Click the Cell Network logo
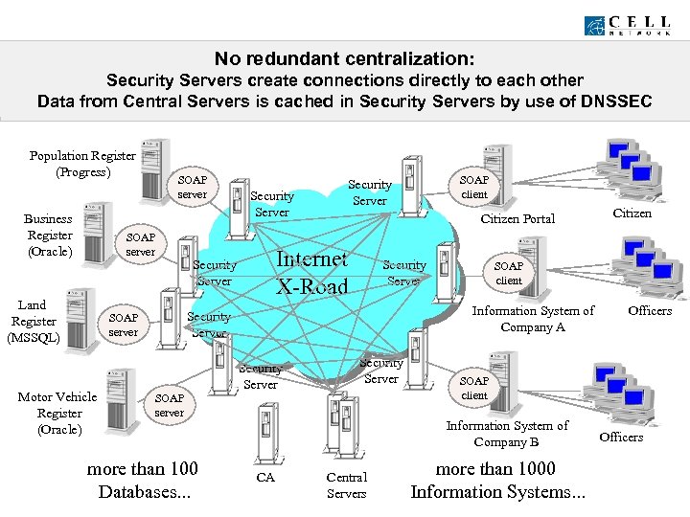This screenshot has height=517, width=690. (632, 25)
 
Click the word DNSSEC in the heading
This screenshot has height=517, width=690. (606, 101)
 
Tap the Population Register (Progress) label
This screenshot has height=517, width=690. (81, 164)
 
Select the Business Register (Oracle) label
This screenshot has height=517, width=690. (49, 236)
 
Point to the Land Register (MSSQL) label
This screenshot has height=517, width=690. (33, 322)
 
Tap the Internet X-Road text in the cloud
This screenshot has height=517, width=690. (311, 272)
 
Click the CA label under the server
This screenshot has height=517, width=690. (265, 477)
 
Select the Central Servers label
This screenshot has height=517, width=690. (346, 484)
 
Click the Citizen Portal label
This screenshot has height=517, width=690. (517, 219)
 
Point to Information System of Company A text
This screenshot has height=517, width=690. (533, 319)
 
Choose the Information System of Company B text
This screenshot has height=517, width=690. (507, 434)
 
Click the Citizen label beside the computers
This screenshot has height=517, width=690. (632, 213)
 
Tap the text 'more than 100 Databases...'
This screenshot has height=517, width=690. (143, 481)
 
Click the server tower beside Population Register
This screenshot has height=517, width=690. (154, 170)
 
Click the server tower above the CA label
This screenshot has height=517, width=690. (265, 432)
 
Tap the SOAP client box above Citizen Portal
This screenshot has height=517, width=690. (474, 188)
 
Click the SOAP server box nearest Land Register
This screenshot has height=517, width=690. (124, 325)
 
